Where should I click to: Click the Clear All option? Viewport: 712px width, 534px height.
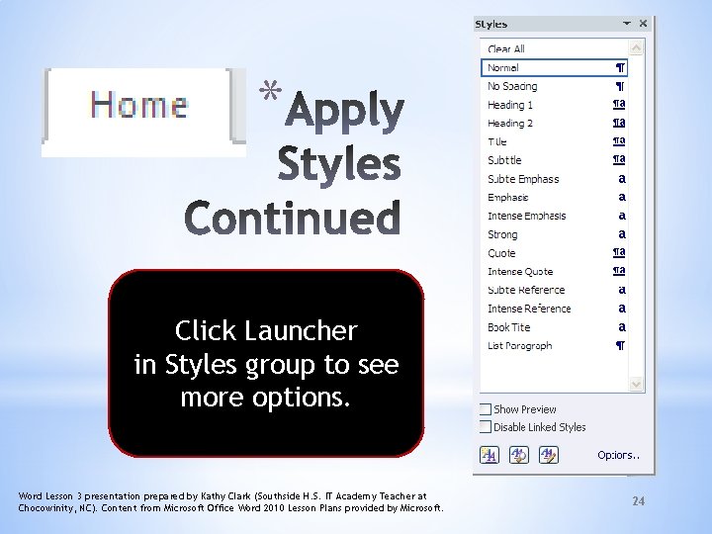(x=506, y=48)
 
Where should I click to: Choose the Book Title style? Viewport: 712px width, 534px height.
(x=508, y=327)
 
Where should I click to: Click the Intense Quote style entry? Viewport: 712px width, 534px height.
(x=520, y=272)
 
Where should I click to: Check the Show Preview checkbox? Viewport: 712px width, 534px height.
(x=486, y=409)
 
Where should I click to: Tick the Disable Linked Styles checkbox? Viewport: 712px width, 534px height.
(x=486, y=427)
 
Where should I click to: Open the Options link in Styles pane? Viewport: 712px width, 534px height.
(x=618, y=455)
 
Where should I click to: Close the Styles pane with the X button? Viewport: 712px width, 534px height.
(x=644, y=23)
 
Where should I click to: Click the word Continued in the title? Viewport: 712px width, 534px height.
(x=294, y=219)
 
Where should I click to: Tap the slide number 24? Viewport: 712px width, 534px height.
(x=638, y=502)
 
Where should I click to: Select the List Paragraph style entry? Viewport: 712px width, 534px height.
(x=520, y=346)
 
